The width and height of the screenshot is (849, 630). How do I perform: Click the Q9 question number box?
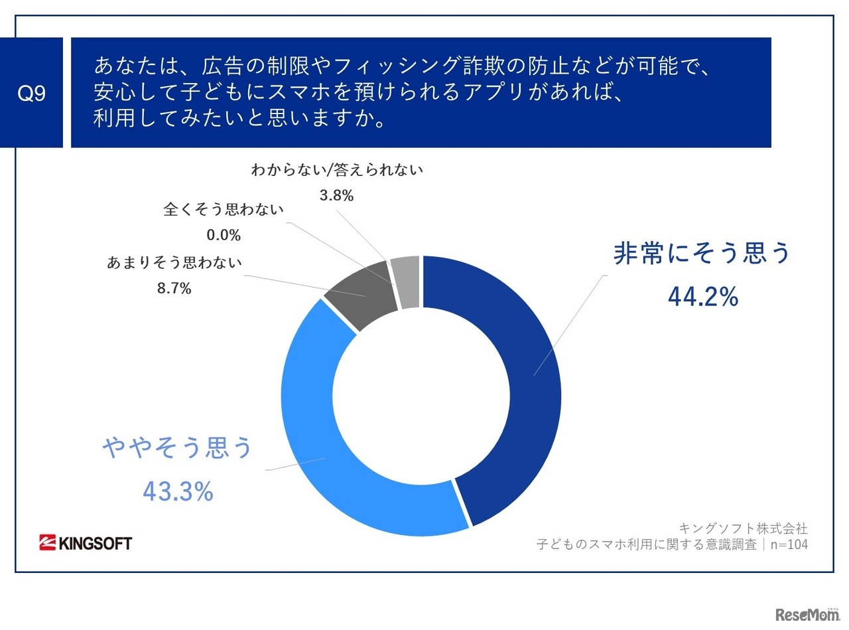click(x=31, y=93)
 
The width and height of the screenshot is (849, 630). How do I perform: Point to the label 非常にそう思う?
click(x=702, y=254)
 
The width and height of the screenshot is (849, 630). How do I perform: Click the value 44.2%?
click(x=702, y=298)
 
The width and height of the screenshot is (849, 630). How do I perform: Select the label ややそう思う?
click(x=178, y=448)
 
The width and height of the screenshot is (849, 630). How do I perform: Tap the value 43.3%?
click(x=178, y=491)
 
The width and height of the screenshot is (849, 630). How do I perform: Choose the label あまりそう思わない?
click(x=174, y=262)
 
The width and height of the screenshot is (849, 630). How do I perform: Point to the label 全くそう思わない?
click(x=224, y=210)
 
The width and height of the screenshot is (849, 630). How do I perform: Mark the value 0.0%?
click(x=224, y=236)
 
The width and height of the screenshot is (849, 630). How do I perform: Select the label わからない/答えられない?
click(x=336, y=170)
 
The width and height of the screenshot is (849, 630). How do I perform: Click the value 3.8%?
click(x=336, y=195)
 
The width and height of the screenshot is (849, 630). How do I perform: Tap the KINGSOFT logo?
click(x=86, y=543)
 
